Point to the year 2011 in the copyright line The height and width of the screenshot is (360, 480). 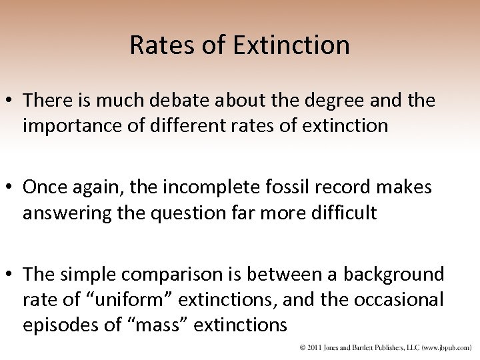point(313,347)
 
